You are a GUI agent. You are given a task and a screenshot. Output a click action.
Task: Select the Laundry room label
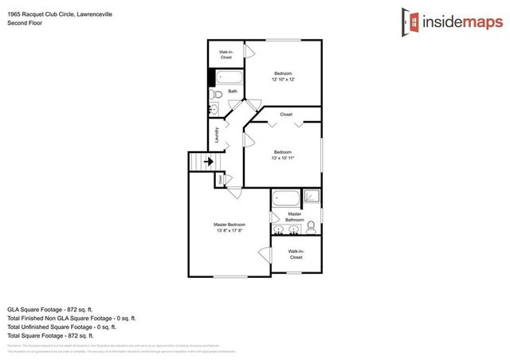[x=216, y=135]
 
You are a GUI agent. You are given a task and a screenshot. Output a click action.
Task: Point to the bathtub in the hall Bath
[x=229, y=78]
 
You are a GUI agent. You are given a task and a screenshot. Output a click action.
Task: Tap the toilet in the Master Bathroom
[x=311, y=228]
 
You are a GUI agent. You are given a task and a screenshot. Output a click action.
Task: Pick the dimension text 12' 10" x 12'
[x=283, y=79]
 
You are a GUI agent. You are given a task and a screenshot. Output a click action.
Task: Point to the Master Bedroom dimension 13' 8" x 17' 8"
[x=229, y=232]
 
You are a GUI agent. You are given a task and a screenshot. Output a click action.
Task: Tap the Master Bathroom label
[x=294, y=217]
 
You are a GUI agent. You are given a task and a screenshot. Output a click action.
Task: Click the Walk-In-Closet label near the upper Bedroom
[x=226, y=55]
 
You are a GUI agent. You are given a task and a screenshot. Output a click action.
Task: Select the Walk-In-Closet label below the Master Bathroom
[x=296, y=254]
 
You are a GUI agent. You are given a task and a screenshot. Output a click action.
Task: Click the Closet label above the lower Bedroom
[x=285, y=115]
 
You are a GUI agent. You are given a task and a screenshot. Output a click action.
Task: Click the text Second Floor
[x=23, y=24]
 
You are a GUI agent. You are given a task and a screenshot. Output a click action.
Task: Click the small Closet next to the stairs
[x=220, y=181]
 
